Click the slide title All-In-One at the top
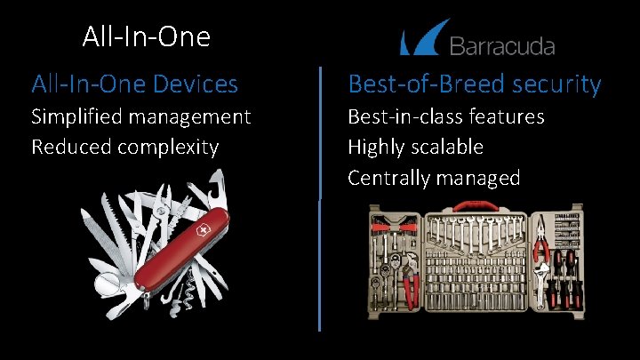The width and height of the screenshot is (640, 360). pos(146,36)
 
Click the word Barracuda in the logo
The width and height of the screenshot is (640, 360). pos(502,46)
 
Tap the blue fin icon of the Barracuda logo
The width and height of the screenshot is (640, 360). pos(420,41)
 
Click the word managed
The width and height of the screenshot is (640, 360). pos(476,178)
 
